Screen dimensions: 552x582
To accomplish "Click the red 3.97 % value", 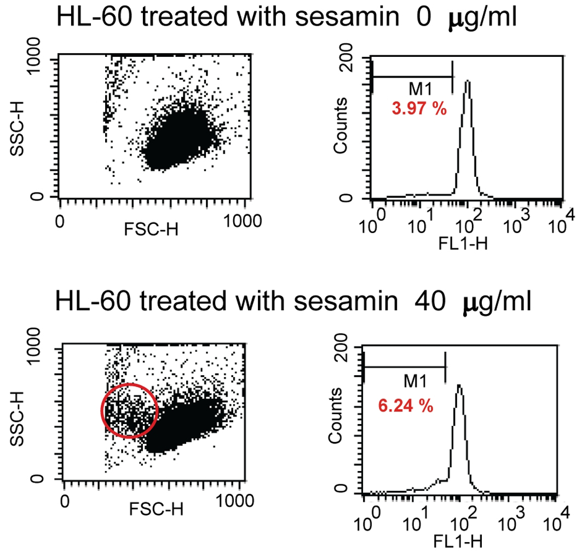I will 419,108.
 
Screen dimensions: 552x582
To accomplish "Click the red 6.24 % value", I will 406,406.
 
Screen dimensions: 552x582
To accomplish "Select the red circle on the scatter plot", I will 130,410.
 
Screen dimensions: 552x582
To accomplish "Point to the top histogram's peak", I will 467,82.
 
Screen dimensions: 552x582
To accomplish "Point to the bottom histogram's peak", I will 459,386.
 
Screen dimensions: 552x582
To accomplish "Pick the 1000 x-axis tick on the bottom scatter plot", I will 235,500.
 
